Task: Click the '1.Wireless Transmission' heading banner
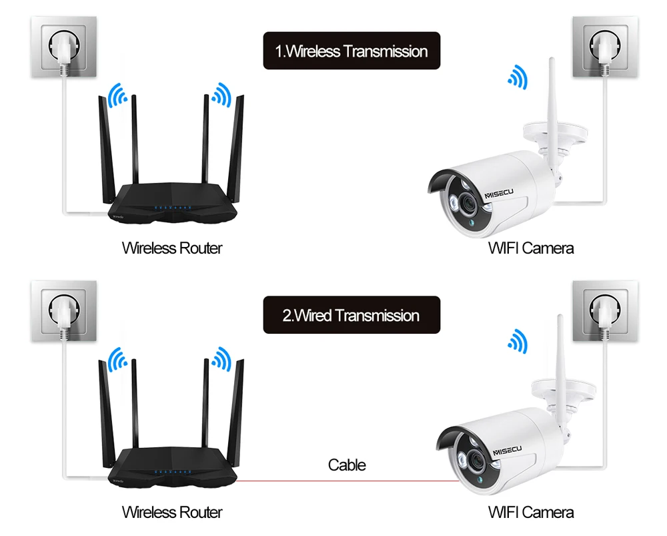click(352, 51)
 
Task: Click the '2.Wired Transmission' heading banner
click(352, 315)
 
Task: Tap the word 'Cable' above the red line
click(347, 465)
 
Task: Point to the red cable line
click(348, 481)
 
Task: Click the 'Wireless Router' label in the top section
click(172, 248)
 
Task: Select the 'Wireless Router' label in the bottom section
click(172, 512)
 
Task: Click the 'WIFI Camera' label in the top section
click(531, 248)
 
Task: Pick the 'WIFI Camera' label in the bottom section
click(531, 512)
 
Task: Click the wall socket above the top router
click(64, 47)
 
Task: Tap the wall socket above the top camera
click(605, 47)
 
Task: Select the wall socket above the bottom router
click(64, 311)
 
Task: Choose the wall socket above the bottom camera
click(605, 311)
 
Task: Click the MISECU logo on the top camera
click(499, 194)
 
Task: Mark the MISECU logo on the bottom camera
click(508, 451)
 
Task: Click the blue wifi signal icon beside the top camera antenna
click(518, 77)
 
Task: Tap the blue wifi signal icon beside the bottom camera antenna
click(518, 341)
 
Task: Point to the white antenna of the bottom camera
click(561, 366)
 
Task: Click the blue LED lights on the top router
click(172, 208)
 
